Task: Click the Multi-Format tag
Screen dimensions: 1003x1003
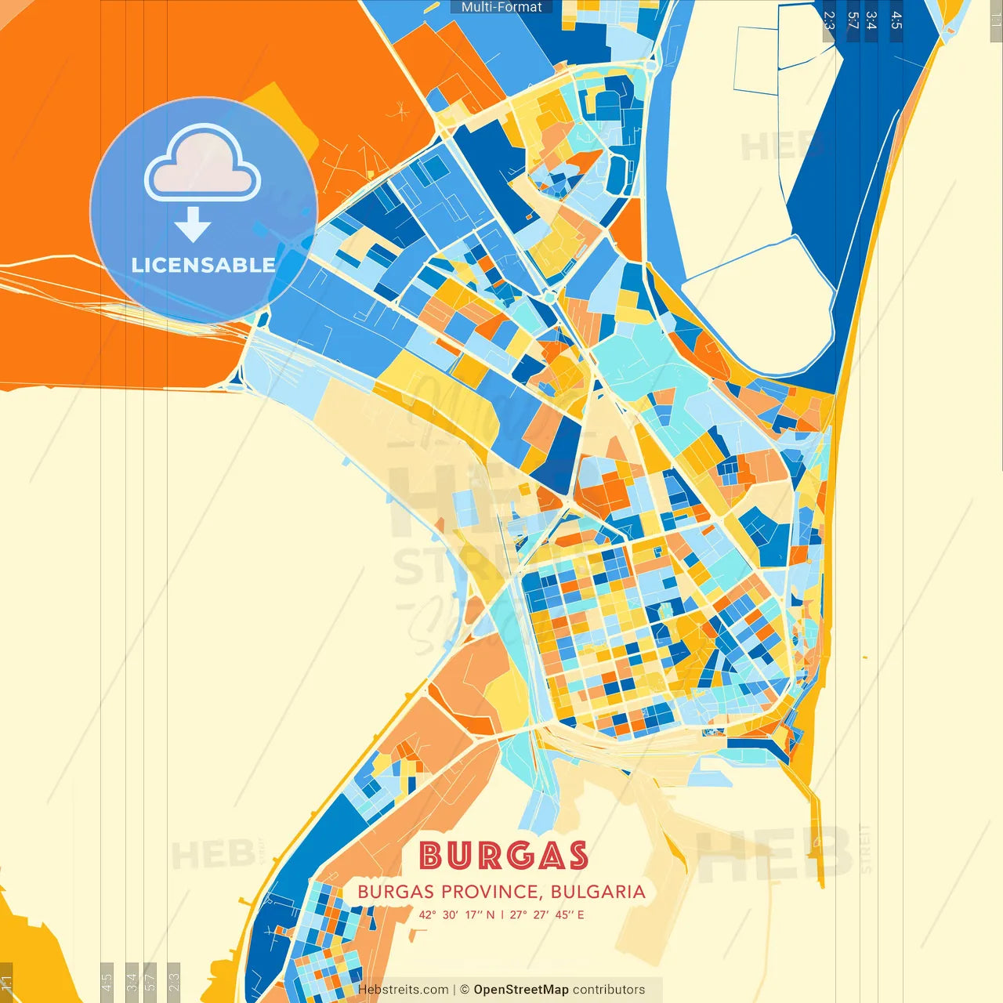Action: pyautogui.click(x=501, y=7)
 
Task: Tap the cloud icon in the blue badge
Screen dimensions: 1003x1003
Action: pyautogui.click(x=202, y=165)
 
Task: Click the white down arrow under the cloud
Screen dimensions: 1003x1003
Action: pyautogui.click(x=193, y=224)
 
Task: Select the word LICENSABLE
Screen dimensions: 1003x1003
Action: pyautogui.click(x=203, y=265)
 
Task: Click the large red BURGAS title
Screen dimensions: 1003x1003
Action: pyautogui.click(x=503, y=856)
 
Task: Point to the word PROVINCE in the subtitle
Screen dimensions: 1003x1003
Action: pyautogui.click(x=490, y=892)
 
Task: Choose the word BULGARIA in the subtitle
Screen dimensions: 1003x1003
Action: pyautogui.click(x=598, y=892)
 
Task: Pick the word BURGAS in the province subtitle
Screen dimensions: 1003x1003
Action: pyautogui.click(x=396, y=892)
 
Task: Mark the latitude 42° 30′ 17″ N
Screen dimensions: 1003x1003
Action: pyautogui.click(x=456, y=914)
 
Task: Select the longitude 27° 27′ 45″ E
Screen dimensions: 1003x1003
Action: pyautogui.click(x=547, y=914)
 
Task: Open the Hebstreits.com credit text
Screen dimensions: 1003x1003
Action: pyautogui.click(x=403, y=990)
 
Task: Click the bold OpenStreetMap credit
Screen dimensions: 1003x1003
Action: pyautogui.click(x=521, y=990)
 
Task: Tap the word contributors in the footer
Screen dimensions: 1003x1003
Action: pyautogui.click(x=609, y=990)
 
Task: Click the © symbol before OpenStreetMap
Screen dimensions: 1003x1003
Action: pyautogui.click(x=465, y=990)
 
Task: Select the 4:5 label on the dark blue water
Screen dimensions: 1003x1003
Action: pyautogui.click(x=896, y=20)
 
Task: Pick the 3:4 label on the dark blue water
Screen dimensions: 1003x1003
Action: pyautogui.click(x=871, y=20)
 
